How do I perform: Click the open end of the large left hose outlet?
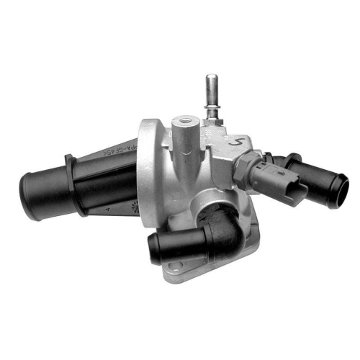coord(29,189)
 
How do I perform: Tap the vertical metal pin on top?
coord(212,90)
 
